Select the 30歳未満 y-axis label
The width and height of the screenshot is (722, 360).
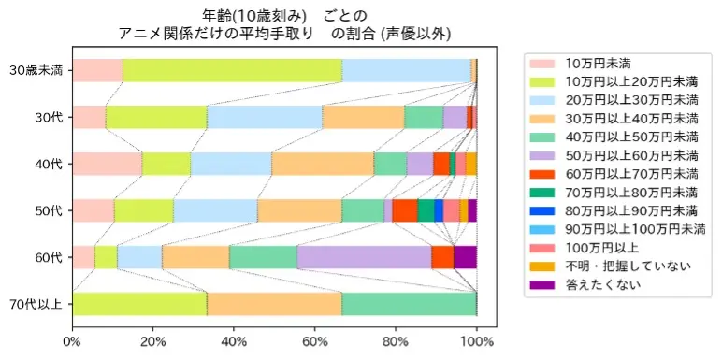pyautogui.click(x=36, y=70)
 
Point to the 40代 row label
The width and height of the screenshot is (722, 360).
pyautogui.click(x=48, y=164)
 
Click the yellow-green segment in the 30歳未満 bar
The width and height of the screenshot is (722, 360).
pyautogui.click(x=232, y=70)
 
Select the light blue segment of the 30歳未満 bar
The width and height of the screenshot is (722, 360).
pyautogui.click(x=406, y=70)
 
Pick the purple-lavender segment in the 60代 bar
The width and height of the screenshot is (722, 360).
pyautogui.click(x=364, y=257)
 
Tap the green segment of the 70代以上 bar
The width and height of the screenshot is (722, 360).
pyautogui.click(x=409, y=304)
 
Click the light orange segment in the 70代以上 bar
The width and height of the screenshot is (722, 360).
pyautogui.click(x=274, y=304)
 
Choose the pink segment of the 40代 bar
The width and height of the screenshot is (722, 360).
pyautogui.click(x=107, y=164)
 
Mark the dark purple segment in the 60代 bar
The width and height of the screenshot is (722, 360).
pyautogui.click(x=465, y=257)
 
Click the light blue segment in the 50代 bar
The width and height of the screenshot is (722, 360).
pyautogui.click(x=215, y=210)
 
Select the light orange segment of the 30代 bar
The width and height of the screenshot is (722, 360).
pyautogui.click(x=363, y=117)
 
